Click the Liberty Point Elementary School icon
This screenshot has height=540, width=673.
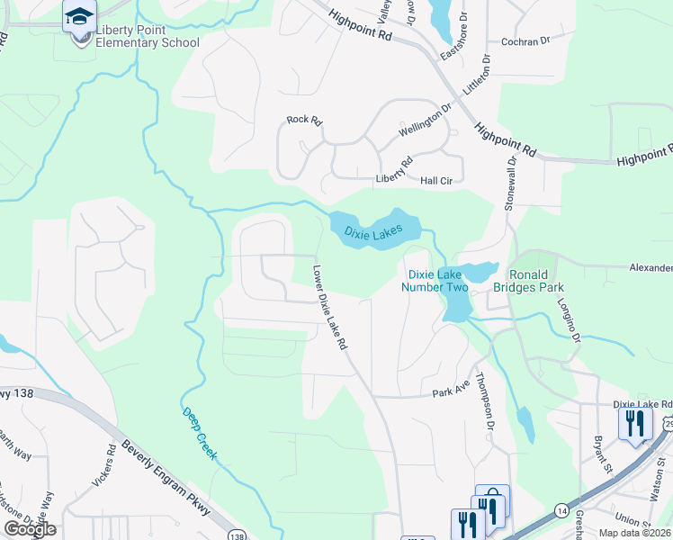click(79, 17)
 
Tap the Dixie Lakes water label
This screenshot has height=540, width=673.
click(373, 231)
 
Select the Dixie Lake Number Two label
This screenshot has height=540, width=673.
click(438, 281)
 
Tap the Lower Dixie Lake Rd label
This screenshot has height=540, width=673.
click(329, 307)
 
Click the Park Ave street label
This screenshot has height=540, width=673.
click(452, 393)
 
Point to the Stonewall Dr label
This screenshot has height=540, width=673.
click(510, 184)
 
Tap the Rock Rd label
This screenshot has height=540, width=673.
click(303, 120)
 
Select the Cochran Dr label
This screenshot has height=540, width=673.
click(524, 41)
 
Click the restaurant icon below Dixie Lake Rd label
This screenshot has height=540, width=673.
click(635, 424)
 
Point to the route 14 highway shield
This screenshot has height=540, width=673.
click(561, 510)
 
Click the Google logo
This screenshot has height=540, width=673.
click(30, 529)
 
